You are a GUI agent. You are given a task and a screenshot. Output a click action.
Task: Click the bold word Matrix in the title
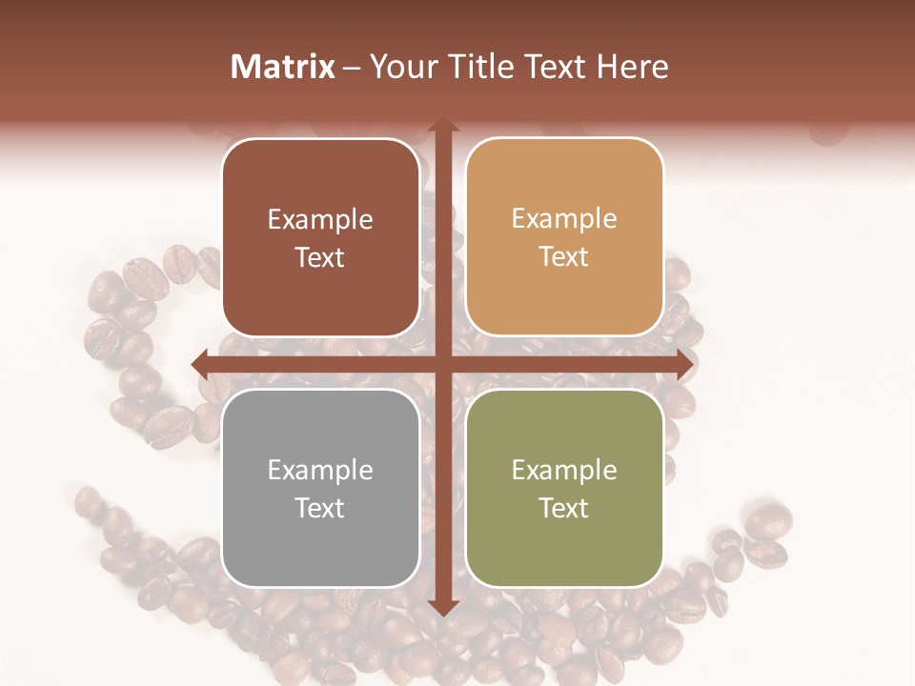point(283,67)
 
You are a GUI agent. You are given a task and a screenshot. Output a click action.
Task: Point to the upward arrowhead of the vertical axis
point(442,125)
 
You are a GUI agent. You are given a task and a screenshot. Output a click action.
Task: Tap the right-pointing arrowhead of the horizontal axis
point(684,364)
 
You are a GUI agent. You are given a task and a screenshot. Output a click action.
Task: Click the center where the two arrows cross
point(442,364)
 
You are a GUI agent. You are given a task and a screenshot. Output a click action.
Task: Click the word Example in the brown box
point(320,220)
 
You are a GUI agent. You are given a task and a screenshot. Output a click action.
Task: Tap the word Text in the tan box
point(564,257)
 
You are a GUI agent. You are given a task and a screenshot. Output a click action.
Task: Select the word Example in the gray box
point(320,471)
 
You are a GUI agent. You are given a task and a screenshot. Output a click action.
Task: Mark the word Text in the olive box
point(564,509)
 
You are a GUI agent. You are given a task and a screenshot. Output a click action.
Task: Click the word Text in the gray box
point(320,509)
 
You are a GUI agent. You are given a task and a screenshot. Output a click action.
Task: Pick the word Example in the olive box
point(564,471)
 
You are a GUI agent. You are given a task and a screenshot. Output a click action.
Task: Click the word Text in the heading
point(557,67)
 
